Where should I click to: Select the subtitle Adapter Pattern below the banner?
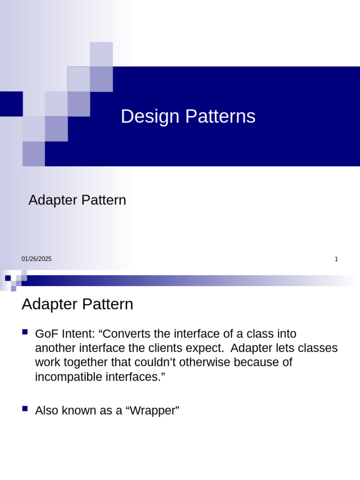(77, 200)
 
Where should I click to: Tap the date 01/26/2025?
(37, 259)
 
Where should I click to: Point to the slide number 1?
(336, 259)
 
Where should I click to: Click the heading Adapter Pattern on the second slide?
(77, 304)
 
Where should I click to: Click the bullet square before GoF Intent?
(25, 332)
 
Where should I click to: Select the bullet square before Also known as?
(25, 409)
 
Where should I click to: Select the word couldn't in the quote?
(162, 363)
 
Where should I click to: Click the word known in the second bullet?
(77, 411)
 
